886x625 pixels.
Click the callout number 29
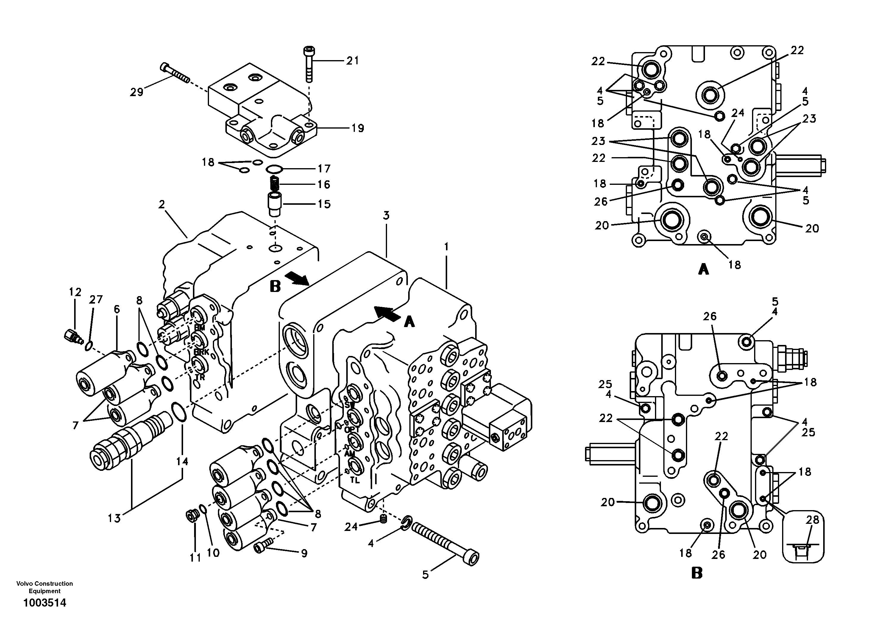point(137,92)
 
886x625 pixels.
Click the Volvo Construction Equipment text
point(45,587)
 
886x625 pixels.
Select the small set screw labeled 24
point(383,520)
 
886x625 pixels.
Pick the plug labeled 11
point(192,515)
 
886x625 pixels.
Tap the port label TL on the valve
point(355,480)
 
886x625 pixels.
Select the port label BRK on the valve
point(202,352)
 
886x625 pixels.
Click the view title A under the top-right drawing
point(704,269)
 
